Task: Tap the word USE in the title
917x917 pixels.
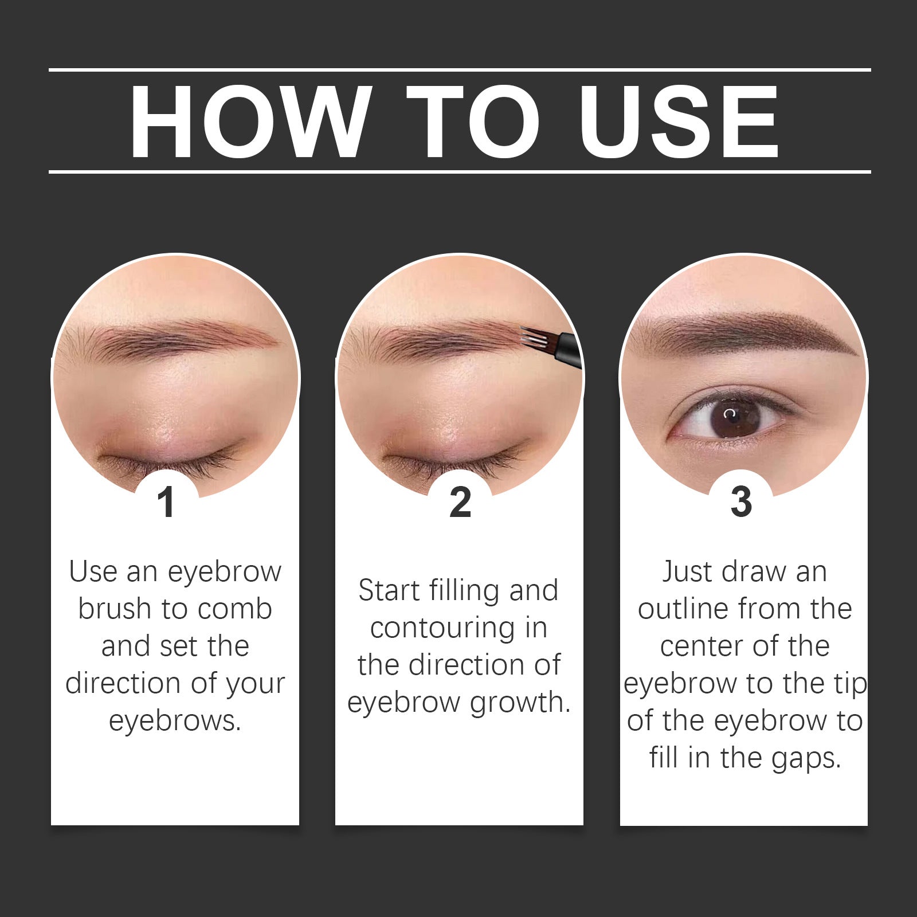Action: [x=679, y=122]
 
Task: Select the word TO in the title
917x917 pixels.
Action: [x=473, y=122]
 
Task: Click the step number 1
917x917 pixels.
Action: [x=166, y=503]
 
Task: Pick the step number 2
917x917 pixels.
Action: [x=460, y=503]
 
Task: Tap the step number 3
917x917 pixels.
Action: [x=741, y=501]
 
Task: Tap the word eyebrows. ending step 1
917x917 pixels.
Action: [x=175, y=721]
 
